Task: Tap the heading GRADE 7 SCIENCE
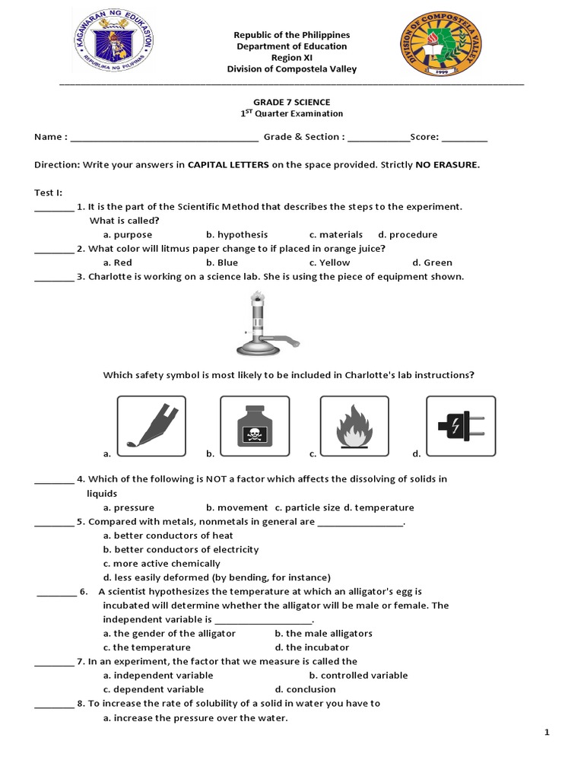(291, 101)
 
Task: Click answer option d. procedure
(408, 235)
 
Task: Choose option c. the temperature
(147, 647)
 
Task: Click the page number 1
(546, 733)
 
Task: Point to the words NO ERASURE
(447, 164)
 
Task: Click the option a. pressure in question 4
(129, 507)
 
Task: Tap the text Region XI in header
(291, 58)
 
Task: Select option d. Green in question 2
(432, 263)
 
